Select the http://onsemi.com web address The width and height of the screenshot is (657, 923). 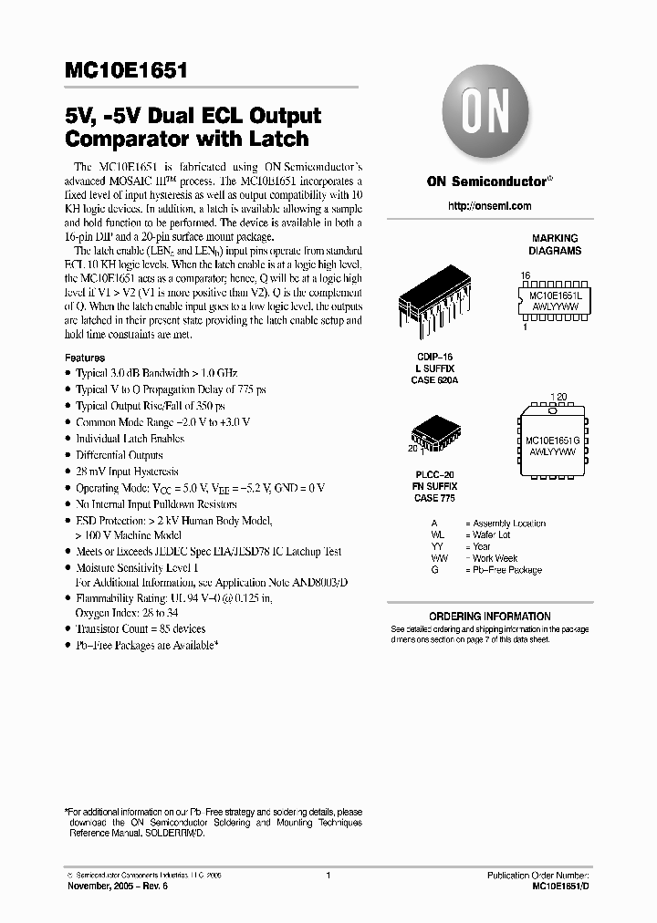[x=490, y=206]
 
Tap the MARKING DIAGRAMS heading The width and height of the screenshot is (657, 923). [x=555, y=244]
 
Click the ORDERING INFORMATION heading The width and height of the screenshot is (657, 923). [x=490, y=617]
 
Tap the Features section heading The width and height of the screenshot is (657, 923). [x=85, y=358]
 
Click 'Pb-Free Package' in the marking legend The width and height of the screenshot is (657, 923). [x=507, y=570]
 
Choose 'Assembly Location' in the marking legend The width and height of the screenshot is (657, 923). [x=509, y=524]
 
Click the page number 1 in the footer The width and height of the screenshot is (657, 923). [x=328, y=876]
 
